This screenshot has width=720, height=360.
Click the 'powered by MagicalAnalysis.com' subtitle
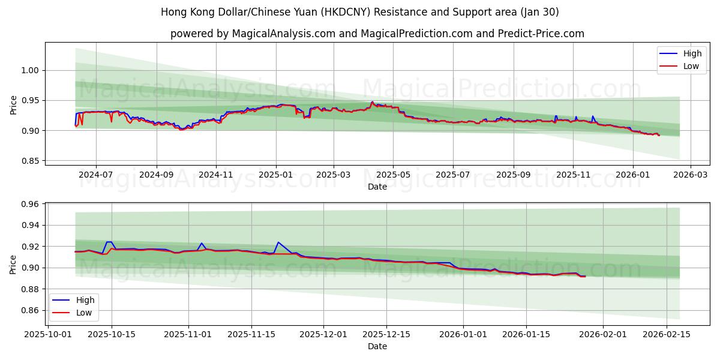pyautogui.click(x=377, y=34)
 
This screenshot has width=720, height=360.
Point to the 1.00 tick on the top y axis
pyautogui.click(x=29, y=70)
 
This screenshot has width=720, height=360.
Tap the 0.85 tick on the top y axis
pyautogui.click(x=29, y=161)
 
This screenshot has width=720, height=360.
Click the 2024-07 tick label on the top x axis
pyautogui.click(x=96, y=175)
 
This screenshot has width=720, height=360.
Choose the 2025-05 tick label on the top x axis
pyautogui.click(x=393, y=175)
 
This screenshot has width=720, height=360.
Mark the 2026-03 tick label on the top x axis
pyautogui.click(x=690, y=175)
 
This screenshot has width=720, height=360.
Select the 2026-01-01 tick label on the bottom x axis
pyautogui.click(x=463, y=335)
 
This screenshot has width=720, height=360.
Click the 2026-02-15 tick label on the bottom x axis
pyautogui.click(x=666, y=335)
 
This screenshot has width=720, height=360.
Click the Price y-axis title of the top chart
pyautogui.click(x=14, y=105)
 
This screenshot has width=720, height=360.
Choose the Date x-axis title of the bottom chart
pyautogui.click(x=377, y=346)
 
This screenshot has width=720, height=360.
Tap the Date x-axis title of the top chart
pyautogui.click(x=377, y=187)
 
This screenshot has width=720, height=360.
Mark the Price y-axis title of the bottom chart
pyautogui.click(x=14, y=264)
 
